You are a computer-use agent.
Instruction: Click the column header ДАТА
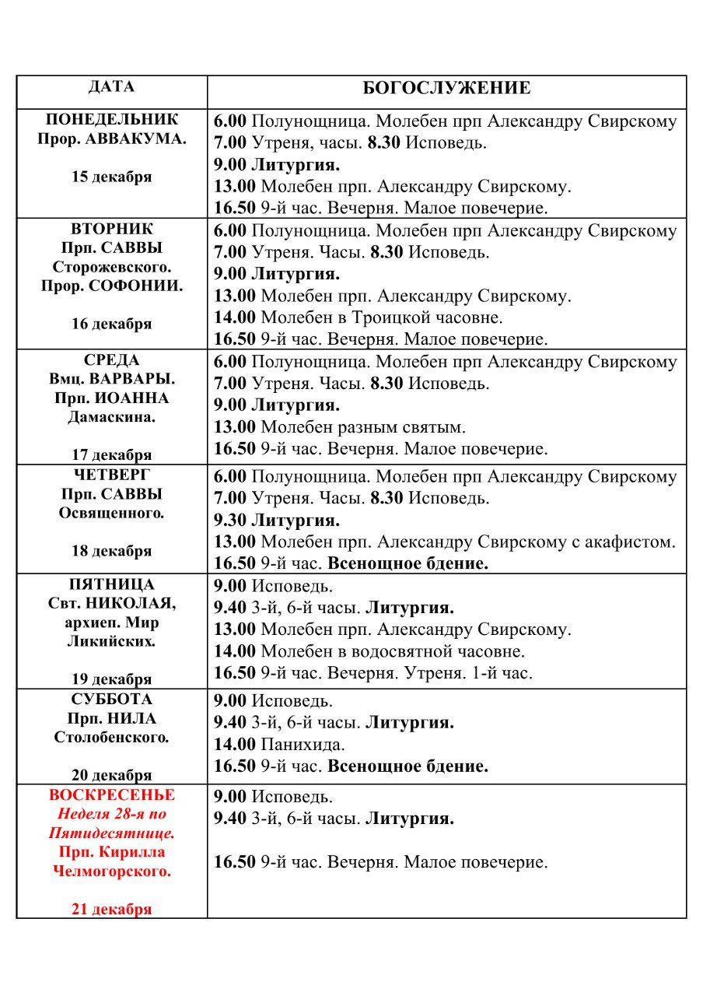(111, 86)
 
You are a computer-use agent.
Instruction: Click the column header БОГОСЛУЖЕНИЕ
(446, 88)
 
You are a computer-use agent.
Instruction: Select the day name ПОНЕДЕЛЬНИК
(111, 120)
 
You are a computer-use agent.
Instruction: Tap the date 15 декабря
(111, 177)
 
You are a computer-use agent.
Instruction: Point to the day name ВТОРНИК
(111, 230)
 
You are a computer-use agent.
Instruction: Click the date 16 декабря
(111, 324)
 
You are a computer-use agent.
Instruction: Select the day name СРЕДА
(111, 360)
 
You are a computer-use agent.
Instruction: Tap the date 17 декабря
(111, 454)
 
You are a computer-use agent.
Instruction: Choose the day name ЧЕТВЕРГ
(111, 475)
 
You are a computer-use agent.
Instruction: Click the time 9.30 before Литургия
(230, 520)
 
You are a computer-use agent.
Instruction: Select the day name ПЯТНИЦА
(111, 584)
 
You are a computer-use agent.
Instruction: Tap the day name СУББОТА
(111, 700)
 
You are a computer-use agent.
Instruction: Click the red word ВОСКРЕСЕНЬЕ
(111, 795)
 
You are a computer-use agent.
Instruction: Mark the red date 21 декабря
(111, 909)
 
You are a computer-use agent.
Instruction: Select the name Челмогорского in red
(111, 871)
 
